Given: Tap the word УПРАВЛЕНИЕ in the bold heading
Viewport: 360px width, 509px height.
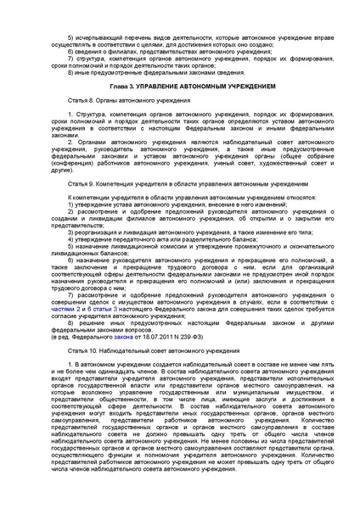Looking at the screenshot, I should coord(162,87).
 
